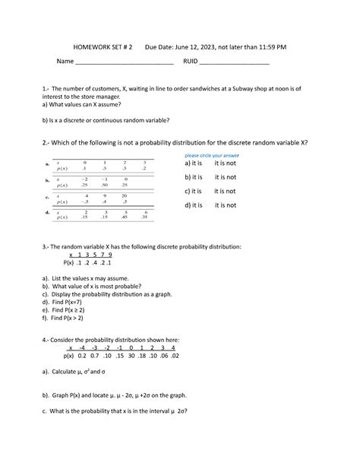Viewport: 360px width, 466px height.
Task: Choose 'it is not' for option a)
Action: (x=225, y=163)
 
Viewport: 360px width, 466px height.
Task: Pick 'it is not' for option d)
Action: (x=225, y=205)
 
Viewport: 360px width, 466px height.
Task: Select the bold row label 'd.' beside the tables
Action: (x=48, y=213)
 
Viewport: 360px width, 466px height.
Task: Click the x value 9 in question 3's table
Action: (x=109, y=255)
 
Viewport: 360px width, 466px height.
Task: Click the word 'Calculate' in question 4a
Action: (x=71, y=372)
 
